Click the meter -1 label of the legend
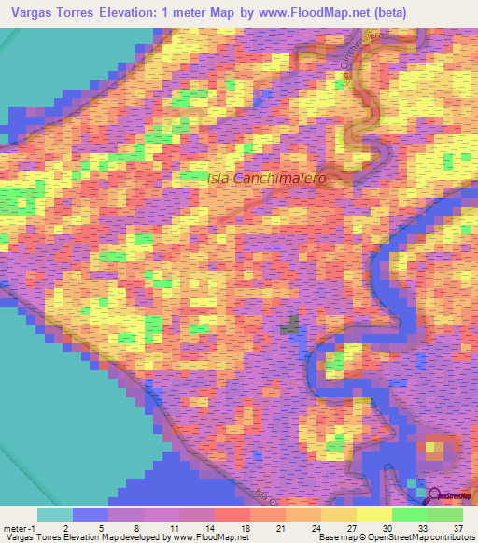click(x=19, y=527)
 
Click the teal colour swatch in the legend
click(x=55, y=514)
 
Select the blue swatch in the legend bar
click(x=91, y=514)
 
